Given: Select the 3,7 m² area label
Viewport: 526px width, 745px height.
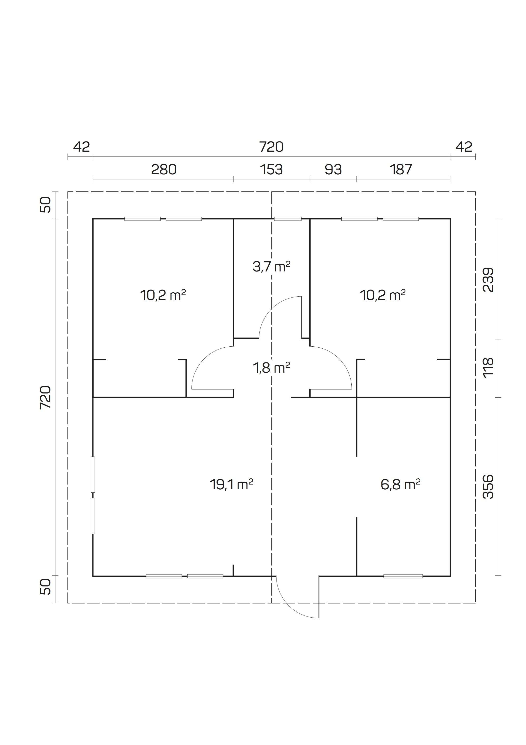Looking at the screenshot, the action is tap(271, 267).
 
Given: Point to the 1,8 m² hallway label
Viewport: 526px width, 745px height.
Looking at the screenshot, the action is tap(271, 368).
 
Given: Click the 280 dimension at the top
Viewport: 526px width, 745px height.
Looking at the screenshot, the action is tap(164, 169).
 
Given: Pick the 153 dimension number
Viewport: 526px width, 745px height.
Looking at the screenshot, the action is tap(271, 169).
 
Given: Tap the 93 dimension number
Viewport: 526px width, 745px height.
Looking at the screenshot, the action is tap(333, 169).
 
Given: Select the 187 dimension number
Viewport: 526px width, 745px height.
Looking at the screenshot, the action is tap(401, 169).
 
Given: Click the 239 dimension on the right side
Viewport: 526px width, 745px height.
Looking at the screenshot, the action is tap(488, 279).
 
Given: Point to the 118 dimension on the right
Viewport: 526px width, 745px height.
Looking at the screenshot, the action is tap(488, 367).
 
